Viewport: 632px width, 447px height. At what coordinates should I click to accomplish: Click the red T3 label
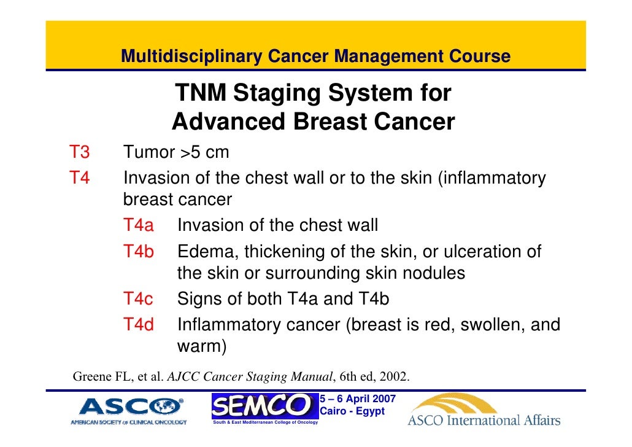(x=79, y=152)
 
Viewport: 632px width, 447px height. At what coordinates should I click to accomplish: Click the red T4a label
(x=138, y=225)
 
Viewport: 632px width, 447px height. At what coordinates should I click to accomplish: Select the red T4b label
(x=138, y=252)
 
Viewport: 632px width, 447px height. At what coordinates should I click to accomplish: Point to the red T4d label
(x=138, y=325)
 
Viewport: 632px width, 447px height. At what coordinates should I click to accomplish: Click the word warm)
(x=202, y=347)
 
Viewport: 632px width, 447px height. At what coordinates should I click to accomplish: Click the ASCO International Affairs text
(x=484, y=421)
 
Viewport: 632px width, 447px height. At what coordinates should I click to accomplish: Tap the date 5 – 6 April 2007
(x=358, y=399)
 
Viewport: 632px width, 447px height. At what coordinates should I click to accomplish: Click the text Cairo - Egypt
(x=353, y=411)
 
